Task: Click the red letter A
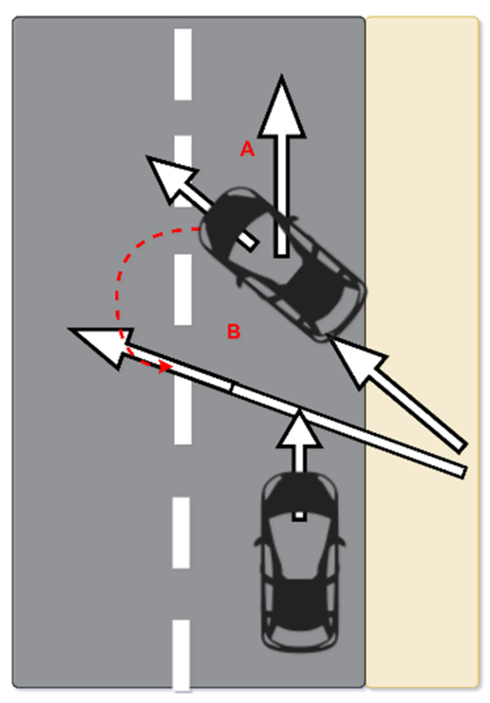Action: [247, 149]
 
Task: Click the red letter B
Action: [234, 331]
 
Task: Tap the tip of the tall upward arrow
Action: [282, 77]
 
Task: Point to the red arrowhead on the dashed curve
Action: [164, 368]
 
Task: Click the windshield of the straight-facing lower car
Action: [300, 498]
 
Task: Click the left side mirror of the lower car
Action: [258, 541]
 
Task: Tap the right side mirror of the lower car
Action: [342, 541]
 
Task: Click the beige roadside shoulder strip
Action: [422, 198]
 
